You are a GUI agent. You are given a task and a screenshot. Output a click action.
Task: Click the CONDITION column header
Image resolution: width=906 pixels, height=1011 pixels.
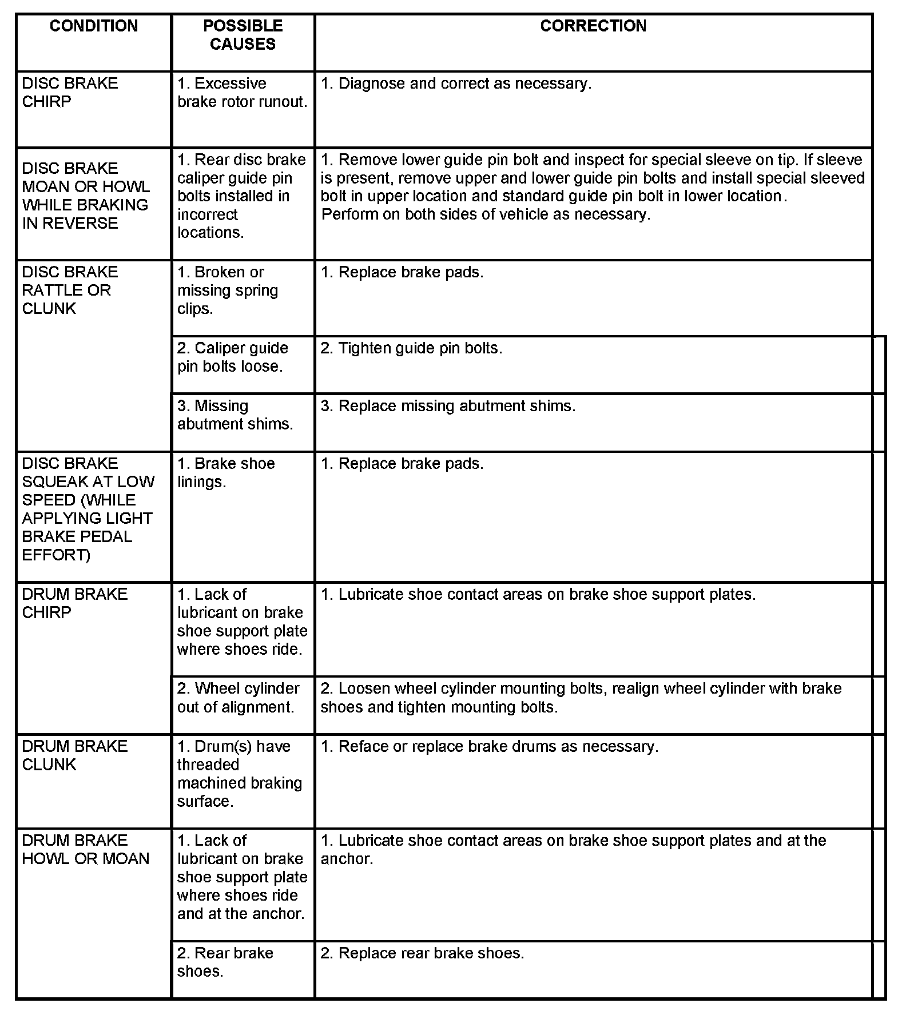pyautogui.click(x=94, y=26)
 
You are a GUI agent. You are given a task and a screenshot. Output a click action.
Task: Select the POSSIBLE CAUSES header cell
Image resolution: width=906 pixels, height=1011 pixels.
pyautogui.click(x=243, y=35)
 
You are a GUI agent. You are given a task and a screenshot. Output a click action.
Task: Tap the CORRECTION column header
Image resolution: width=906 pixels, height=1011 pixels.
pyautogui.click(x=593, y=26)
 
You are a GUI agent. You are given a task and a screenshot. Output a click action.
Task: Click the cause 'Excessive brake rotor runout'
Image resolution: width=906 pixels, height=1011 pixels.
pyautogui.click(x=243, y=93)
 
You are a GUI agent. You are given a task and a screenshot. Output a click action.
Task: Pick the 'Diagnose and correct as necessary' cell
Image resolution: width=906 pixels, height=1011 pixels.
pyautogui.click(x=456, y=84)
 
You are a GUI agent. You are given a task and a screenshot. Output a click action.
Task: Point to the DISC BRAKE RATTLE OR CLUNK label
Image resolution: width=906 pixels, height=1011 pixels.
pyautogui.click(x=70, y=290)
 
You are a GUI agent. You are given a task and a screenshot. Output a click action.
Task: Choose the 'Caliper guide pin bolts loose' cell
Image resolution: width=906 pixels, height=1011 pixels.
pyautogui.click(x=233, y=357)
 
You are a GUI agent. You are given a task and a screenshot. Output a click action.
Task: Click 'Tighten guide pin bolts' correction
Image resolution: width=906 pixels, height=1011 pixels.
pyautogui.click(x=411, y=348)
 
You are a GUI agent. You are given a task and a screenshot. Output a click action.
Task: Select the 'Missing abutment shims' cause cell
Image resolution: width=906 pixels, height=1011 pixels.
pyautogui.click(x=235, y=415)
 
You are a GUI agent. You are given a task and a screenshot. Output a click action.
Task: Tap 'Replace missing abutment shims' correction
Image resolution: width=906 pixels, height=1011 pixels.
pyautogui.click(x=448, y=406)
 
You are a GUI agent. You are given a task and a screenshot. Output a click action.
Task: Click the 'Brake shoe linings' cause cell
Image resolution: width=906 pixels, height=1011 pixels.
pyautogui.click(x=226, y=473)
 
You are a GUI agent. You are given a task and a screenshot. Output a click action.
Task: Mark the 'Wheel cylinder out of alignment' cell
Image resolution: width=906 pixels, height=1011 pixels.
pyautogui.click(x=239, y=698)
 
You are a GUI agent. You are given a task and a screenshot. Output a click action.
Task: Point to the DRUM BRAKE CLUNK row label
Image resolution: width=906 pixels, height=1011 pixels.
pyautogui.click(x=74, y=755)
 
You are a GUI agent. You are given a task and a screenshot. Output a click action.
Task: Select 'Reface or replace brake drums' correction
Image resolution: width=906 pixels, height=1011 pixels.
pyautogui.click(x=489, y=747)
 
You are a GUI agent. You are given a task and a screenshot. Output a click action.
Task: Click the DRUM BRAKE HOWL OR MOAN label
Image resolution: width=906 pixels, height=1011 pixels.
pyautogui.click(x=85, y=850)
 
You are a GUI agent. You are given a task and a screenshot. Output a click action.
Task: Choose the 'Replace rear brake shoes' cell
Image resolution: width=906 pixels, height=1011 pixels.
pyautogui.click(x=422, y=953)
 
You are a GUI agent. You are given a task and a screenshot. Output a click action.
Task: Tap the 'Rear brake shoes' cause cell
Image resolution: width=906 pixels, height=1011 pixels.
pyautogui.click(x=225, y=962)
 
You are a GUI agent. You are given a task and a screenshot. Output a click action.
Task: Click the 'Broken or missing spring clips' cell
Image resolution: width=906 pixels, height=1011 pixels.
pyautogui.click(x=228, y=290)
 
